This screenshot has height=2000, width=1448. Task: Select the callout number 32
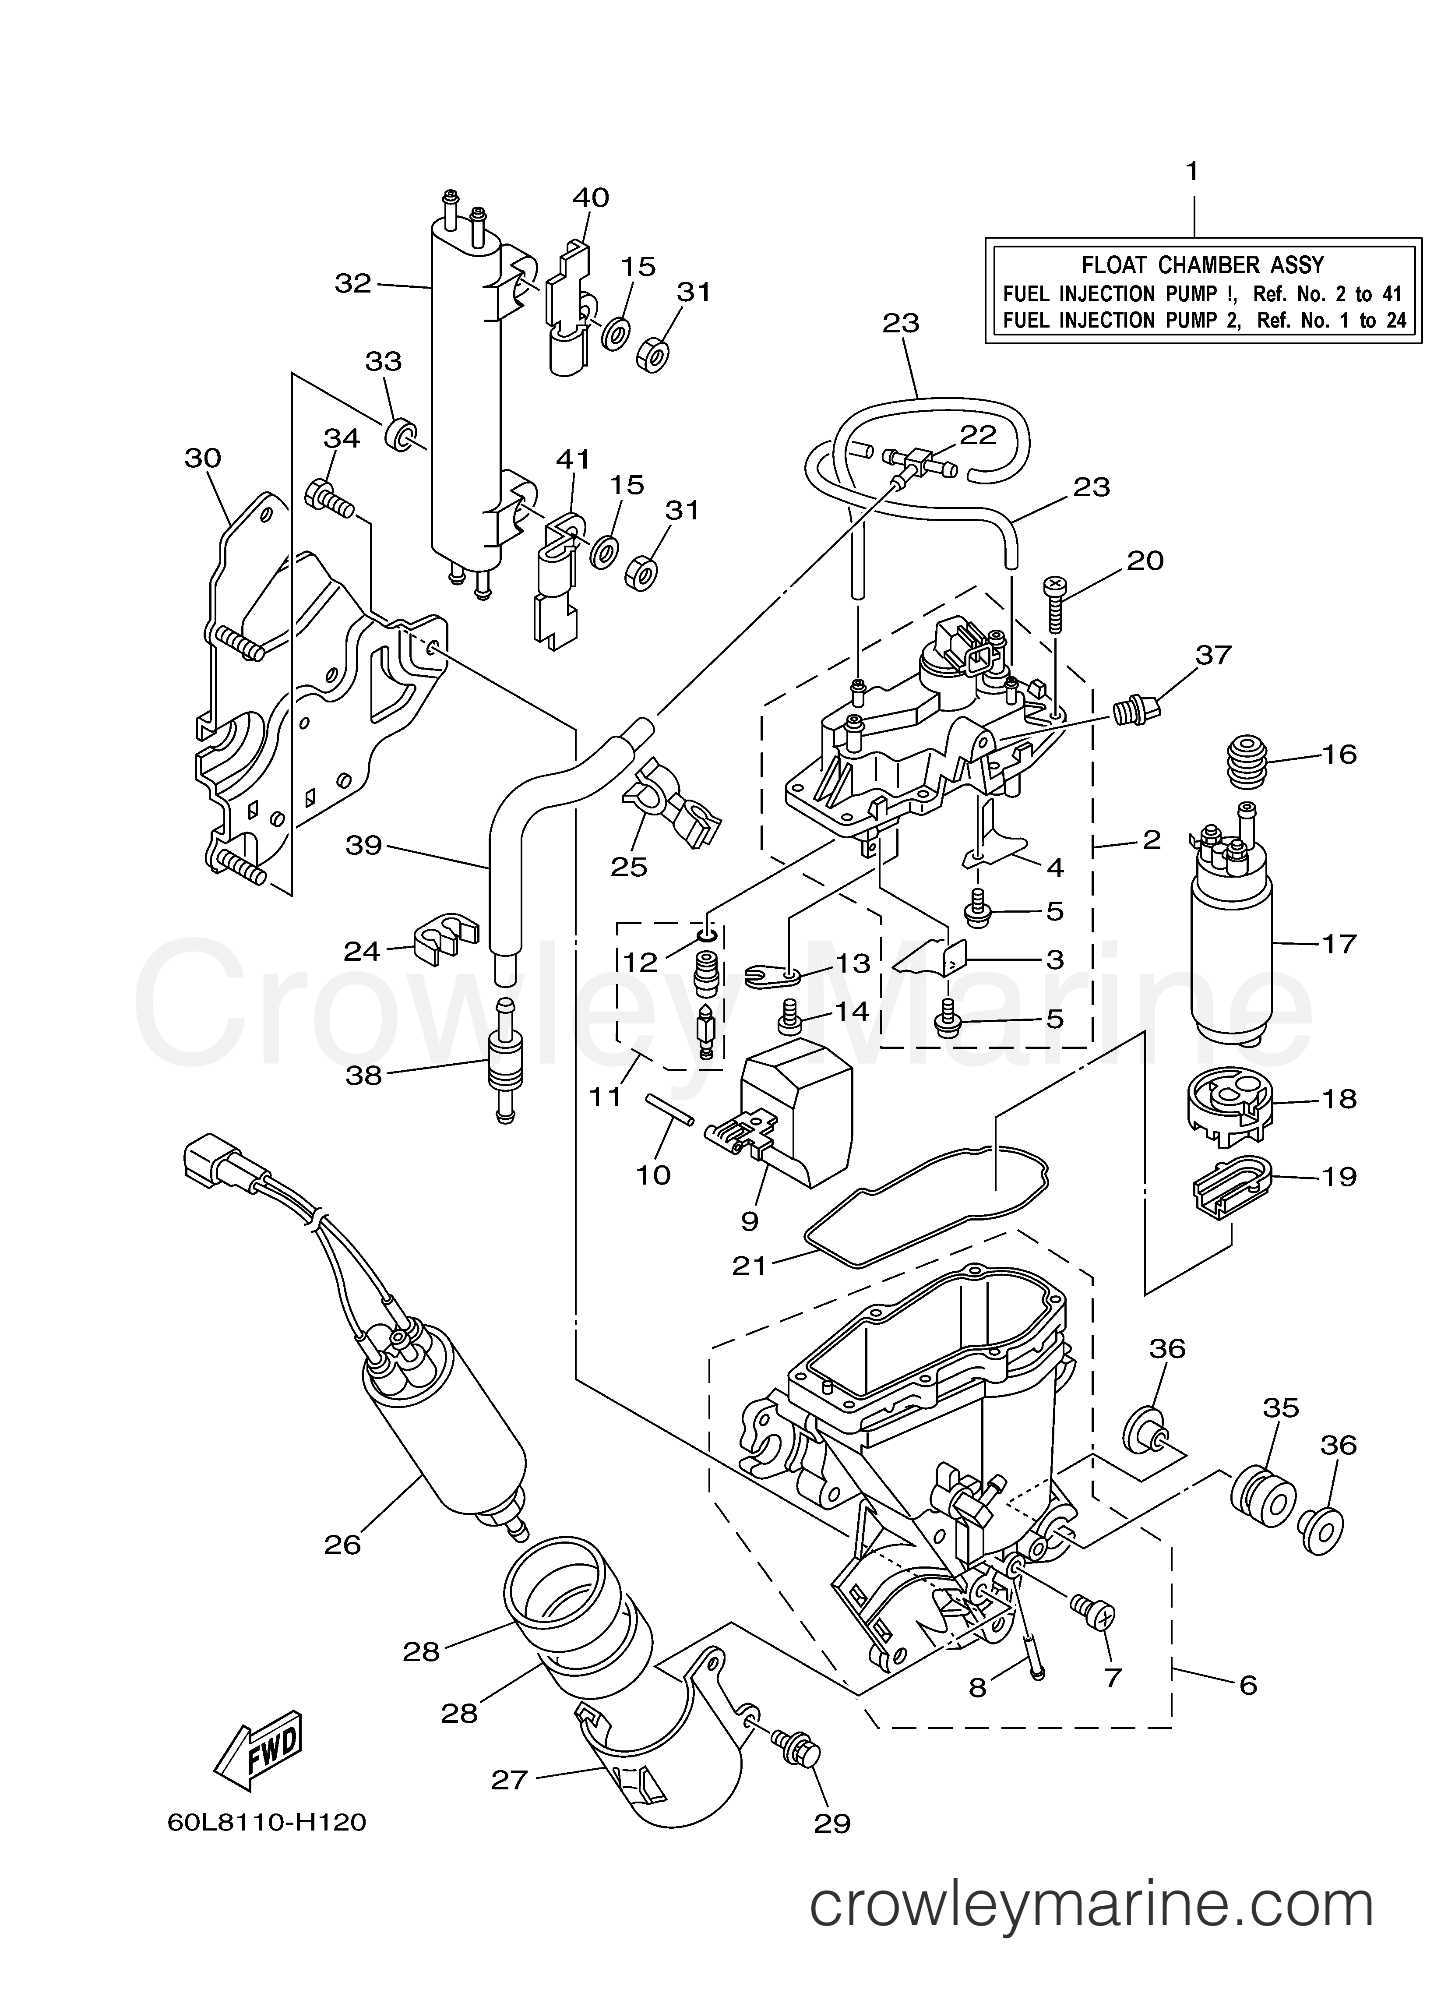point(353,284)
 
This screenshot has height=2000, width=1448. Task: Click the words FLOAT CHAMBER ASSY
point(1203,265)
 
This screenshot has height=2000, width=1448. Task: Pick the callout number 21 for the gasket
point(750,1266)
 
